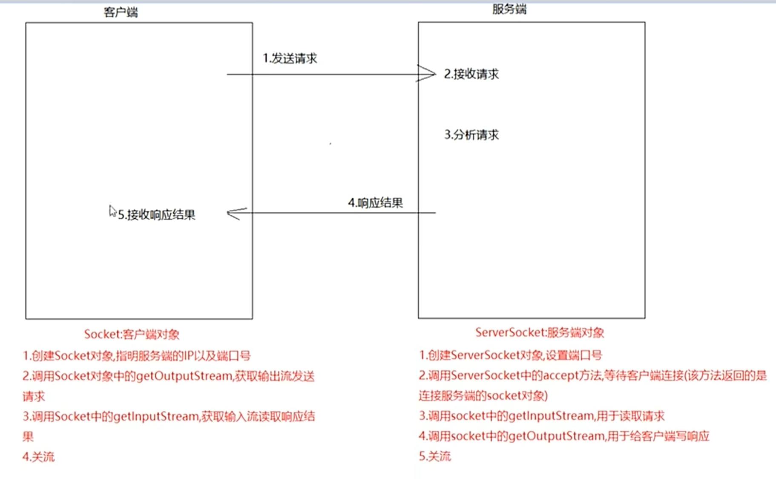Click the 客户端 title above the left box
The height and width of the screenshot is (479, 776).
121,12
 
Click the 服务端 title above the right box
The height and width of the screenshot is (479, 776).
509,9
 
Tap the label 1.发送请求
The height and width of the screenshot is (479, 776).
290,58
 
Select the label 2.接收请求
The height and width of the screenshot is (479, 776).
471,74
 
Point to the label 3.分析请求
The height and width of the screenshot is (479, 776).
471,135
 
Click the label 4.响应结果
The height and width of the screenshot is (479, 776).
375,202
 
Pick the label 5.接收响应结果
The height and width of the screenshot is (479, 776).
156,215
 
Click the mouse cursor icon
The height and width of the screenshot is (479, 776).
112,211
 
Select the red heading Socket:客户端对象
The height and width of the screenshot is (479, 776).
132,334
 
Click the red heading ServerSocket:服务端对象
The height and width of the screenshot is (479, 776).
539,332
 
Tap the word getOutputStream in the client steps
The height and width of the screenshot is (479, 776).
184,376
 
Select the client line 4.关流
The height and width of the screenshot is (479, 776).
38,457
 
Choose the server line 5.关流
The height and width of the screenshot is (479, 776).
435,456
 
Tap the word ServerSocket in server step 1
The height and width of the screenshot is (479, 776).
479,355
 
